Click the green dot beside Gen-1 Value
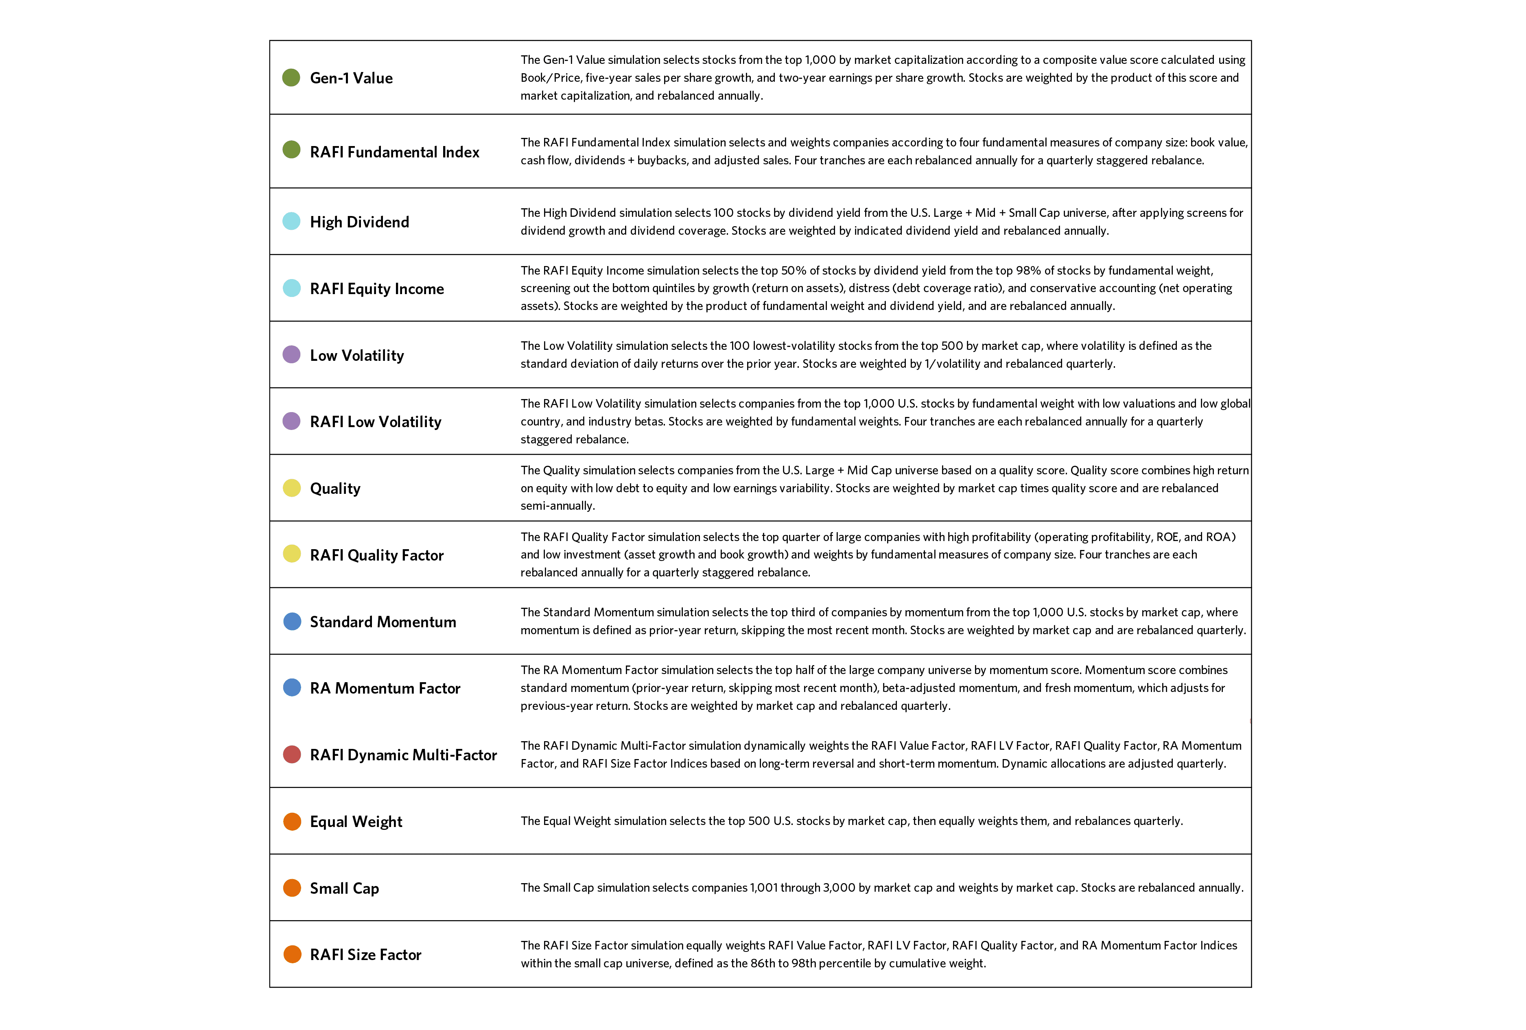[291, 77]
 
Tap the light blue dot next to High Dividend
[291, 221]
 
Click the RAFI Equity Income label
[376, 289]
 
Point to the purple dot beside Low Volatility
[291, 354]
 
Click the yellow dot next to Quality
[291, 488]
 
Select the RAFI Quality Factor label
[376, 555]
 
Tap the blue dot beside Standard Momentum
[291, 621]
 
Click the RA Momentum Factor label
[385, 688]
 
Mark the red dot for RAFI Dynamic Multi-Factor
[291, 754]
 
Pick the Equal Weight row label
[356, 821]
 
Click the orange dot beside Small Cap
[291, 888]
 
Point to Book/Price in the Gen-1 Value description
[550, 77]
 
